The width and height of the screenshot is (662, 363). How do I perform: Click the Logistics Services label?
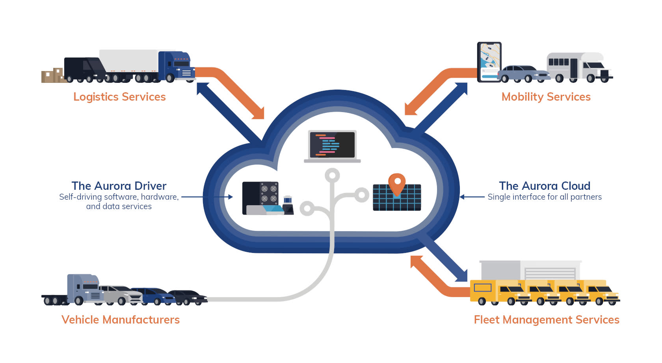(x=119, y=97)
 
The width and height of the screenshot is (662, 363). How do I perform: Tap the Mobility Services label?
(x=546, y=97)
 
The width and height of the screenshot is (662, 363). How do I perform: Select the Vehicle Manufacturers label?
(x=120, y=320)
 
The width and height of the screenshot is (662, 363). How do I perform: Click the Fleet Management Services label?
(x=547, y=320)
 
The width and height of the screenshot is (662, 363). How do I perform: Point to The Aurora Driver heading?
(x=119, y=186)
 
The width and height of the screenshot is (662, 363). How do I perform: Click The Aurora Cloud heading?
(x=545, y=186)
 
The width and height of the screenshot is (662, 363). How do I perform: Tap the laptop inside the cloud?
(x=332, y=146)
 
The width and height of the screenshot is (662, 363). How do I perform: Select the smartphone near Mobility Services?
(x=489, y=61)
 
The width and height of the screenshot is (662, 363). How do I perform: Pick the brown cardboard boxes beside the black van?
(x=52, y=75)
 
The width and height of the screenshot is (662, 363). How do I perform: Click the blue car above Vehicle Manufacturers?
(x=152, y=295)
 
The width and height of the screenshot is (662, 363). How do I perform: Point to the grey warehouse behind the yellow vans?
(x=530, y=270)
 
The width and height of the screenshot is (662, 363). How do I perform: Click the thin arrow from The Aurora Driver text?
(x=207, y=196)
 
